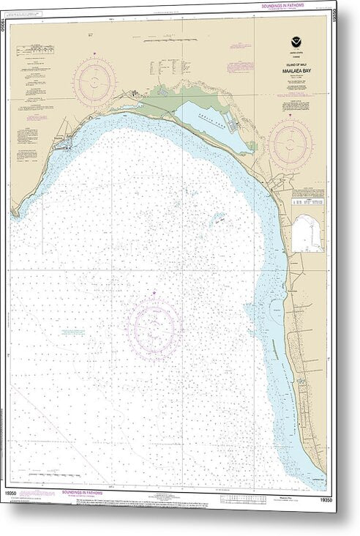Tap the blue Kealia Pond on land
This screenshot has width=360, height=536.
pyautogui.click(x=211, y=125)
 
